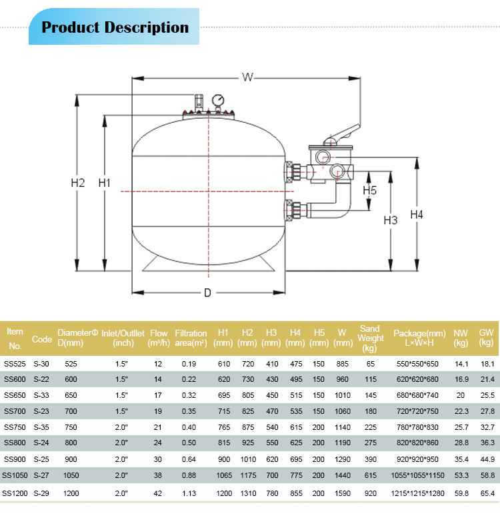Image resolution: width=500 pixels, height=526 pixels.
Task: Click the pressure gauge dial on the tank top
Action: tap(218, 100)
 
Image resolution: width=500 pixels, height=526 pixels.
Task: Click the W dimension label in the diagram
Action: tap(247, 77)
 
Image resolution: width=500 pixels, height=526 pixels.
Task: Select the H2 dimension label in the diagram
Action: tap(78, 183)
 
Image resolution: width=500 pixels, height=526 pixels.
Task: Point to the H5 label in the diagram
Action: tap(369, 190)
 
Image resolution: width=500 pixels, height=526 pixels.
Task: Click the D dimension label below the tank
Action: tap(207, 293)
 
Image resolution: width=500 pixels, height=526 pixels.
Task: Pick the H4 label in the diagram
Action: tap(417, 214)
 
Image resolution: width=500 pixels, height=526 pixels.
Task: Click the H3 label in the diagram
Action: tap(391, 220)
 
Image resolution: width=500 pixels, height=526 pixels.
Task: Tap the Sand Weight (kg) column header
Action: tap(370, 338)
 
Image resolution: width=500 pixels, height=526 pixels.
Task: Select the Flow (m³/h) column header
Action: tap(159, 338)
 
